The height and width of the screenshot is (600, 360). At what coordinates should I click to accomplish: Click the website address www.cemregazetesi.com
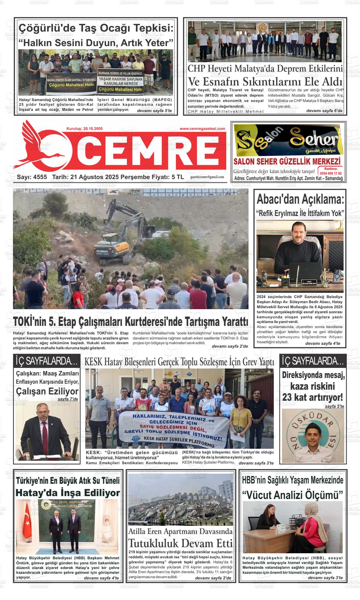point(202,129)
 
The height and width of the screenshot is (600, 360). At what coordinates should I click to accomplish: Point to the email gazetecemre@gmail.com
point(207,177)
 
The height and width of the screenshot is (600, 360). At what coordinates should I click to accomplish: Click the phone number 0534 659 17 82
point(330,173)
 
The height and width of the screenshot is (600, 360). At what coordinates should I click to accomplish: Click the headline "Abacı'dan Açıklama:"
point(300,200)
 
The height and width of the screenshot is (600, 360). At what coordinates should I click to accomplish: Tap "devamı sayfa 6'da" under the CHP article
point(324,111)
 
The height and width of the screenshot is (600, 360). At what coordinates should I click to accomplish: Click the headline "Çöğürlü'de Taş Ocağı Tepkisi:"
point(96,28)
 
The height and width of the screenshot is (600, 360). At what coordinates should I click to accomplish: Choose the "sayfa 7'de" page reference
point(68,399)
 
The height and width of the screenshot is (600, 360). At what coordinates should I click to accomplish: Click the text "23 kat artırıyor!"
point(312,397)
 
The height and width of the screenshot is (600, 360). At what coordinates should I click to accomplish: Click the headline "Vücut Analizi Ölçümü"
point(292,495)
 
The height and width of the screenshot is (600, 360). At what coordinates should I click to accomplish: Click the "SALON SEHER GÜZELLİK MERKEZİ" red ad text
point(287,161)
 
